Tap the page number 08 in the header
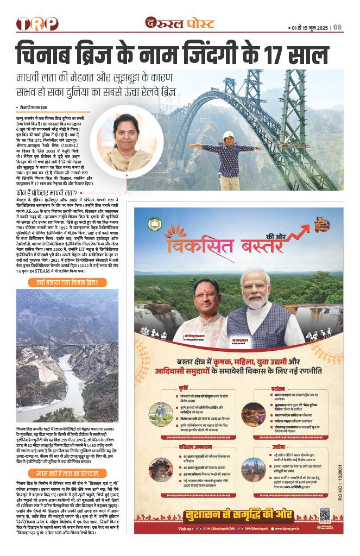click(337, 27)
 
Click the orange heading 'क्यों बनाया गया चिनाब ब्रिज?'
click(68, 282)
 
